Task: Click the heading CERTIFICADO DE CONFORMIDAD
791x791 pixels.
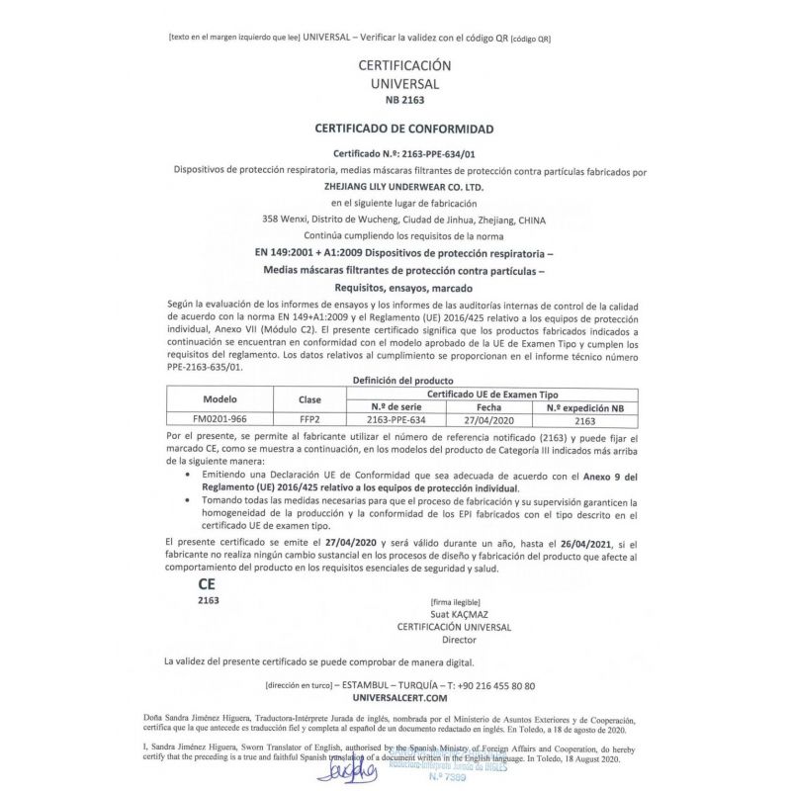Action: pos(403,129)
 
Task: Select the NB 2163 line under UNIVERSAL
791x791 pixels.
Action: pos(403,101)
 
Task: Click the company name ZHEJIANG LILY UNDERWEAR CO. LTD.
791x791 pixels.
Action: pos(403,186)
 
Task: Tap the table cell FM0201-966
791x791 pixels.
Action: pos(226,418)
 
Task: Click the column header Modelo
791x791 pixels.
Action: pos(226,400)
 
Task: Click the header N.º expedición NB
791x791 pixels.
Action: pos(585,406)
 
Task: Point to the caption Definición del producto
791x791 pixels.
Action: pos(403,381)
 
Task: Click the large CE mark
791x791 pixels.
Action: pos(207,584)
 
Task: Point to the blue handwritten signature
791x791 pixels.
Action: pos(348,768)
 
